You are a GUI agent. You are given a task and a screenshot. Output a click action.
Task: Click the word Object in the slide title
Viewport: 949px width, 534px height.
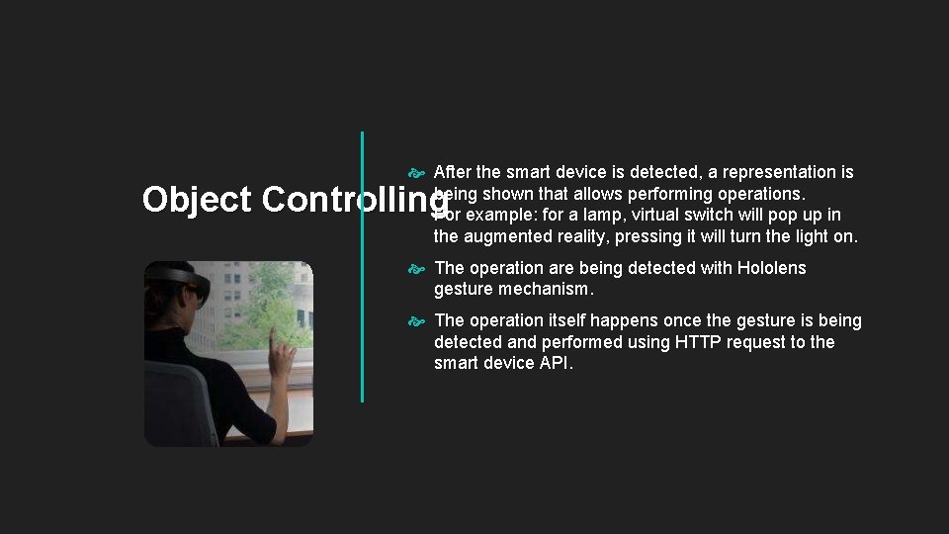click(x=197, y=200)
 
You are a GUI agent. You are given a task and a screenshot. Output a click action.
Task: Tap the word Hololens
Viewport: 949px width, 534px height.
click(x=772, y=268)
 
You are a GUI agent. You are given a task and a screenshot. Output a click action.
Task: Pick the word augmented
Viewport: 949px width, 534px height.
click(x=512, y=236)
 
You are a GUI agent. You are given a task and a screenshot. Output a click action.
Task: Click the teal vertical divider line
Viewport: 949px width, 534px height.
click(x=362, y=267)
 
